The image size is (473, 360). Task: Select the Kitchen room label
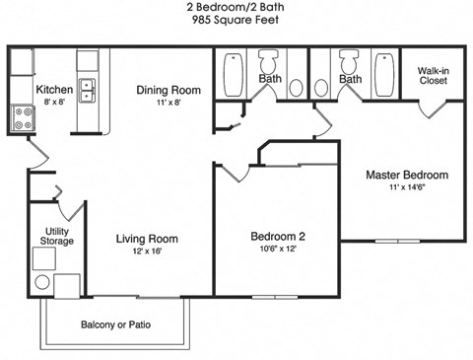point(54,90)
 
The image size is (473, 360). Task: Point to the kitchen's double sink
point(88,91)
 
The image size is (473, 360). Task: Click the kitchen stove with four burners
point(23,118)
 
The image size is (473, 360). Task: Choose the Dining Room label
point(169,90)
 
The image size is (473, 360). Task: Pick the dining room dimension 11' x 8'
point(169,103)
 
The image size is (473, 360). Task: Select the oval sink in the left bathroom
point(295,88)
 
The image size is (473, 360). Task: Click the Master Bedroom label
point(406,176)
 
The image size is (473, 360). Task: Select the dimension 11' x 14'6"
point(406,189)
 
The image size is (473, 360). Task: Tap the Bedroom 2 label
point(277,237)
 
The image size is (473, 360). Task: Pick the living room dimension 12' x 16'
point(147,251)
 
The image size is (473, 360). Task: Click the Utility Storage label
point(56,236)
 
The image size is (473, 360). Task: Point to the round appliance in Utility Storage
point(42,284)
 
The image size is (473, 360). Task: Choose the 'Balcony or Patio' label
point(115,325)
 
